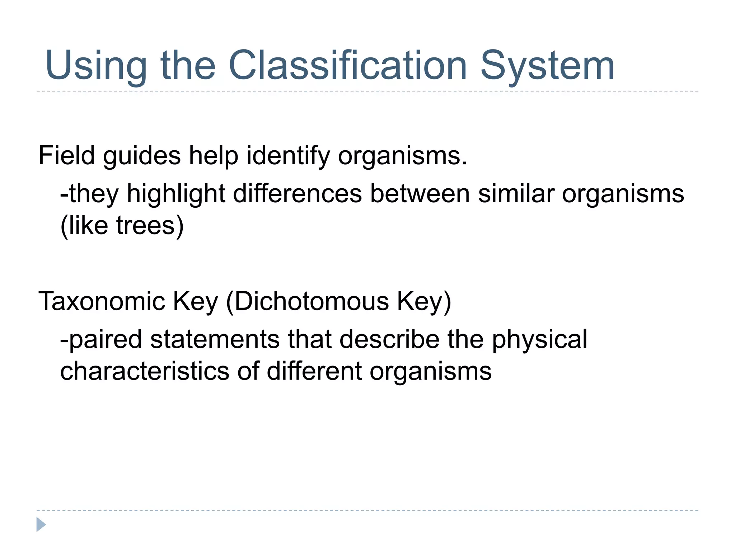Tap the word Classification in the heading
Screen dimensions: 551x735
click(347, 65)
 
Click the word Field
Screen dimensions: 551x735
click(66, 156)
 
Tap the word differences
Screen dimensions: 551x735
click(298, 194)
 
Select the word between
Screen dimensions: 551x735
click(420, 194)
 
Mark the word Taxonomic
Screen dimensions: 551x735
click(102, 301)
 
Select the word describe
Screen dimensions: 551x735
click(389, 339)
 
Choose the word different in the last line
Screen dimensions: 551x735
click(314, 371)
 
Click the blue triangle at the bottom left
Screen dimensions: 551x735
click(41, 524)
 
